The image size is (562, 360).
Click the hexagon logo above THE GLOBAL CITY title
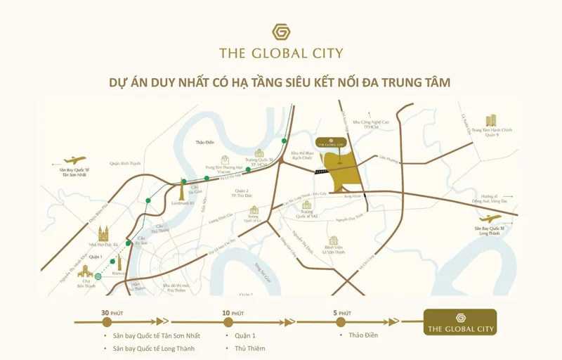(x=281, y=32)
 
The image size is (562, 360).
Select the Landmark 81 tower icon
(x=181, y=188)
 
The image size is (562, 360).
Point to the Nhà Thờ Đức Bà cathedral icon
(x=103, y=233)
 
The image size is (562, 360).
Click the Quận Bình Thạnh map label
(x=125, y=163)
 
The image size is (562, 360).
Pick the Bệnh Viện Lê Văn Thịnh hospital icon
(x=334, y=240)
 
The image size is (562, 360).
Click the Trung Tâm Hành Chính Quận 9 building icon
(x=491, y=120)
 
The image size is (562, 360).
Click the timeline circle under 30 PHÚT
(x=107, y=321)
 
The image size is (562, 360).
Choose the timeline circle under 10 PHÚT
(x=228, y=321)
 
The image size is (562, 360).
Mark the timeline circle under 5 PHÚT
(x=340, y=321)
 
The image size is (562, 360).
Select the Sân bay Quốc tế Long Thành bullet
(x=154, y=349)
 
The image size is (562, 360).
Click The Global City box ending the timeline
(x=460, y=322)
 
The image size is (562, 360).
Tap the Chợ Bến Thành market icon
(x=86, y=271)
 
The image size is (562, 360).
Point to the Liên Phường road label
(x=388, y=158)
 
